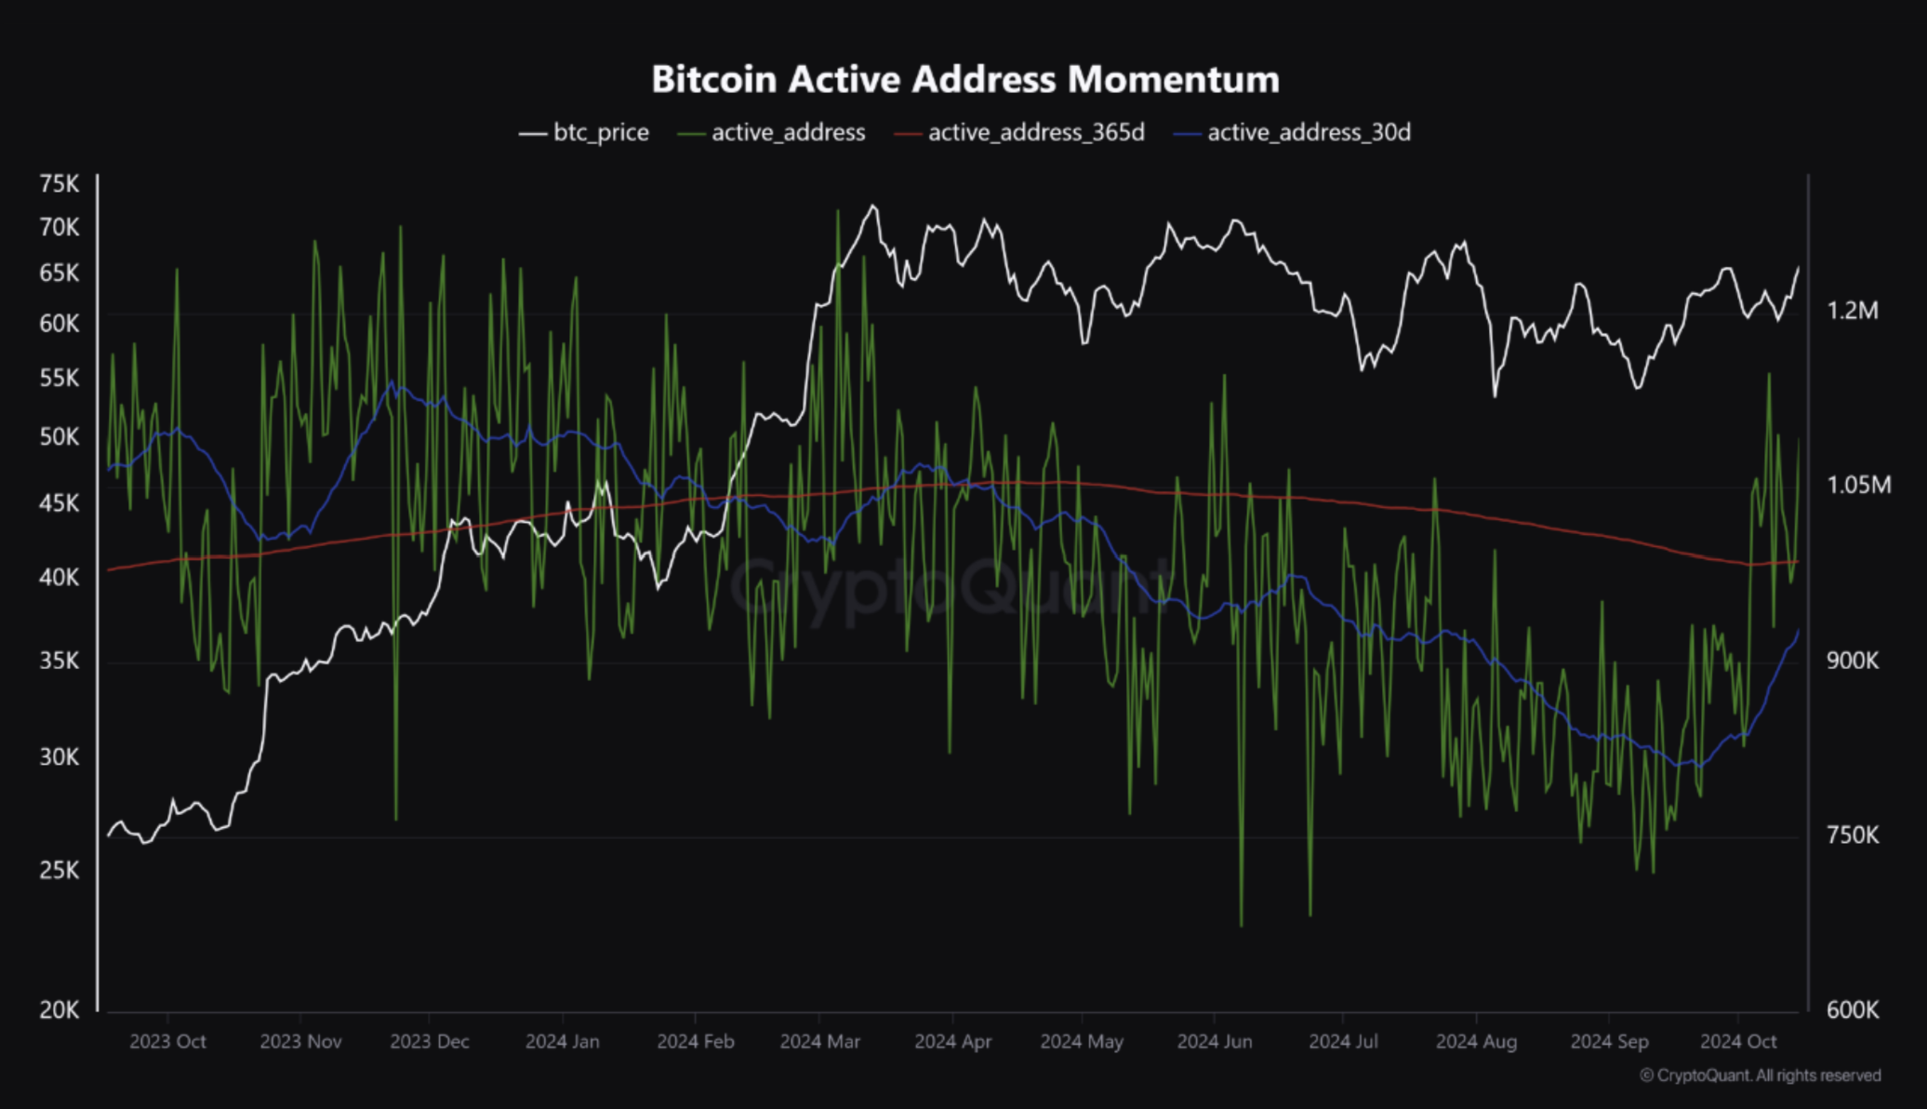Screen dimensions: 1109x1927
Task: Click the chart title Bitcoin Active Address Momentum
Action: tap(964, 79)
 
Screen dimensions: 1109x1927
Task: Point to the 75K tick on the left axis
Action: tap(60, 184)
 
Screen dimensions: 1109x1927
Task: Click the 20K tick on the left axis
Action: tap(60, 1009)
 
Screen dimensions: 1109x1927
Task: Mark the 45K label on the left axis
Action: tap(60, 503)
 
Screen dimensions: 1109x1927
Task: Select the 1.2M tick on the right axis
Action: tap(1853, 311)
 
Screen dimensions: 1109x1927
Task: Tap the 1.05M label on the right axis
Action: tap(1858, 485)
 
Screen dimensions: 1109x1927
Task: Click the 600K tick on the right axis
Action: tap(1853, 1009)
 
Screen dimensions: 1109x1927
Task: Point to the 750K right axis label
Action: tap(1853, 835)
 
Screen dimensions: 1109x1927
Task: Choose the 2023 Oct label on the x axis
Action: tap(167, 1041)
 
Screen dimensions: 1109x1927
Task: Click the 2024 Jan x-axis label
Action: tap(562, 1041)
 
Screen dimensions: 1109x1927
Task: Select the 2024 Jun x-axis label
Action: tap(1214, 1041)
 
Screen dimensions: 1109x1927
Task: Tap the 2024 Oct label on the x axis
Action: tap(1737, 1041)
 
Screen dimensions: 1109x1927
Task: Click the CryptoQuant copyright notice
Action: tap(1760, 1076)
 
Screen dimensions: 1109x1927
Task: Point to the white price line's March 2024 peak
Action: tap(872, 207)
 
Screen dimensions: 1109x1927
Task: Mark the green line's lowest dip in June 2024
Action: tap(1241, 925)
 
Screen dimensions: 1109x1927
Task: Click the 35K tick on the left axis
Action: tap(60, 661)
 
